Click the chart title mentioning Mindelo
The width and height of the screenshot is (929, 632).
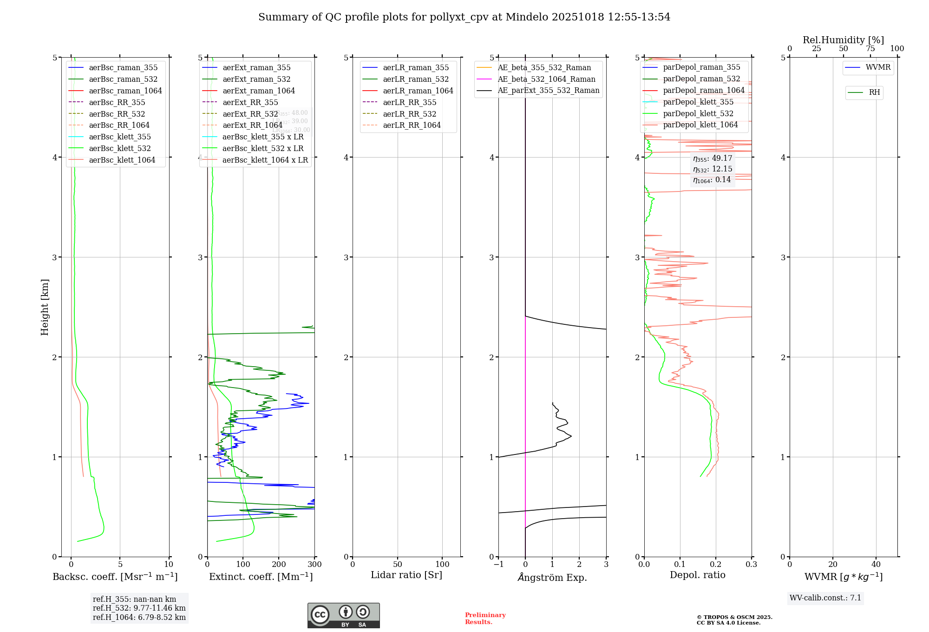tap(464, 17)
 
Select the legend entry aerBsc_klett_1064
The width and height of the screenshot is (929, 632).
tap(122, 160)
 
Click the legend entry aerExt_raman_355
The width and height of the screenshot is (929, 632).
tap(256, 68)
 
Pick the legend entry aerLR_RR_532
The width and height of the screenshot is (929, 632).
tap(409, 114)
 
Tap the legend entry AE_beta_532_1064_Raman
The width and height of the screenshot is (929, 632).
tap(546, 79)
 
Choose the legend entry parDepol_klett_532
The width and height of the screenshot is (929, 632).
tap(698, 113)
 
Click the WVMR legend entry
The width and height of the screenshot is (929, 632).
tap(878, 67)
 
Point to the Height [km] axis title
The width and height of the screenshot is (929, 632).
tap(45, 307)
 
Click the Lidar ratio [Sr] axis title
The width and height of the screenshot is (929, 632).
tap(406, 575)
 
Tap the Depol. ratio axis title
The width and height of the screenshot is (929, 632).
tap(697, 575)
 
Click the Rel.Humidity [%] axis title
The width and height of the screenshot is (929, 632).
tap(843, 40)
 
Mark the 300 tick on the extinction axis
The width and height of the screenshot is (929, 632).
tap(314, 565)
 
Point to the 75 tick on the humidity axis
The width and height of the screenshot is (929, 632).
tap(870, 49)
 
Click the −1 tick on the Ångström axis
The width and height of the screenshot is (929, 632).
tap(498, 565)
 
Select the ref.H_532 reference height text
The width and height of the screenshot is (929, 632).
tap(139, 608)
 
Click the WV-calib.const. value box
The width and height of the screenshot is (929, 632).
tap(825, 598)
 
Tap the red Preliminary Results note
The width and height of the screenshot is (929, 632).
tap(485, 619)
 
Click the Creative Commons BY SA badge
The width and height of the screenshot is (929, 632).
tap(343, 616)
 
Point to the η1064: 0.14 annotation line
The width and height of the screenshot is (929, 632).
tap(712, 180)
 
